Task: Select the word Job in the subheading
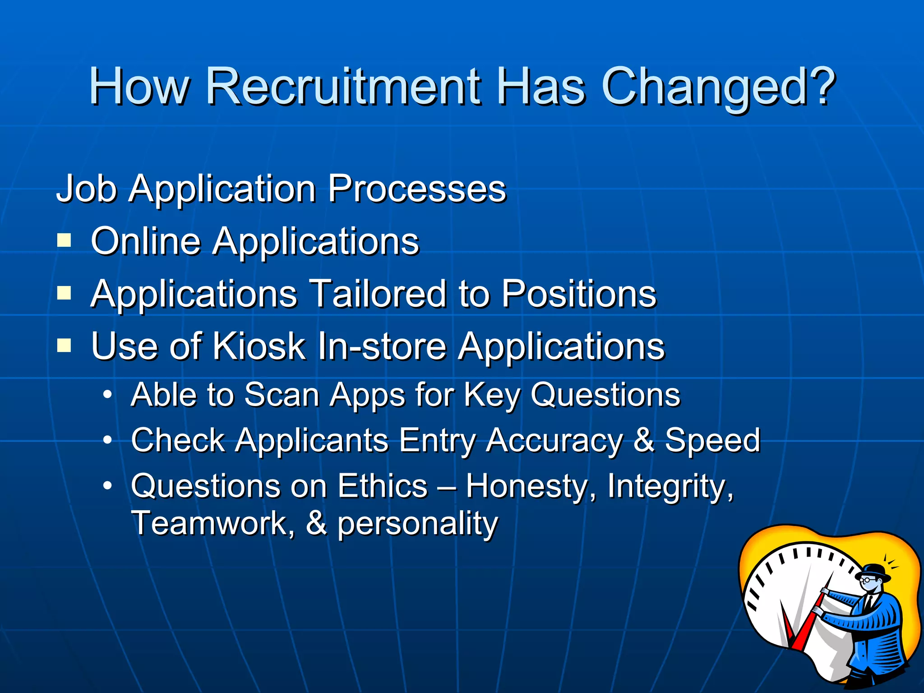pos(86,189)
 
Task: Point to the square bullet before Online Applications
pos(64,240)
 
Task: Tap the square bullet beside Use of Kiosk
pos(64,346)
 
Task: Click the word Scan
pos(282,395)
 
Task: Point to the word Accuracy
pos(554,441)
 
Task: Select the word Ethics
pos(383,486)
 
